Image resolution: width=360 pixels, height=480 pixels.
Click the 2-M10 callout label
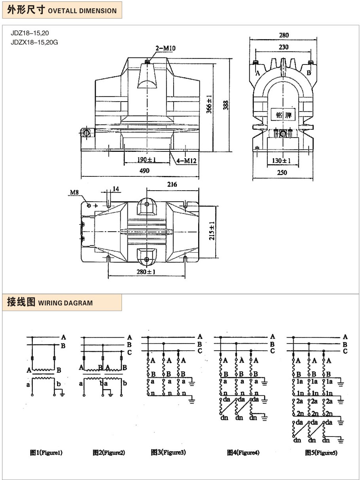pos(166,48)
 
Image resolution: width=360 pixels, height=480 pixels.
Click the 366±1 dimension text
pos(210,104)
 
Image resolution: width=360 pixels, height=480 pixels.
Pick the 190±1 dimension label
pos(147,160)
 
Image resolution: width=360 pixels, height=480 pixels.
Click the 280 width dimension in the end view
pos(284,35)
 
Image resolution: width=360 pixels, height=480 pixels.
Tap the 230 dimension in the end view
pos(284,47)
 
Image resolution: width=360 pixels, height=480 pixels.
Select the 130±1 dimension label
pos(282,161)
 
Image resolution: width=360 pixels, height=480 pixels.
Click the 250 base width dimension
pos(282,173)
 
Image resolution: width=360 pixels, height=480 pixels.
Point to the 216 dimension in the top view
pos(172,185)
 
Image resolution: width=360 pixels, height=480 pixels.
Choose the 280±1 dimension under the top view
pos(146,272)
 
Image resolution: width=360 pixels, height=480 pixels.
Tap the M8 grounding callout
pos(74,193)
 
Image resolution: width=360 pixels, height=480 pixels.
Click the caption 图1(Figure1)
pos(46,453)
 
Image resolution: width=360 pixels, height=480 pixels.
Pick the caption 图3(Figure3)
pos(168,452)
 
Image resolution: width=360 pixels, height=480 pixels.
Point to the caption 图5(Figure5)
pos(321,453)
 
